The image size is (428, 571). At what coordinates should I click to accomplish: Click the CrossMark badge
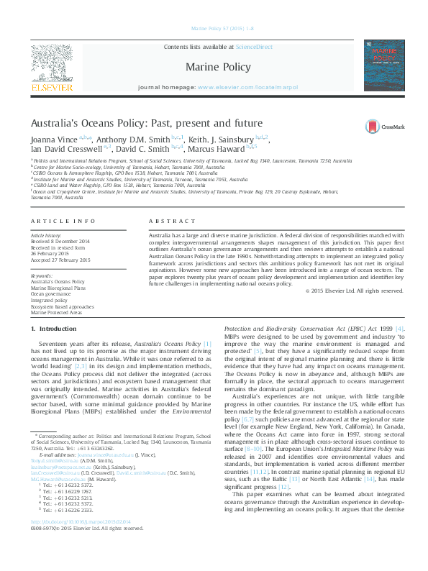[385, 125]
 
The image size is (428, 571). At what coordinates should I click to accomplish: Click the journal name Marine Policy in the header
[218, 68]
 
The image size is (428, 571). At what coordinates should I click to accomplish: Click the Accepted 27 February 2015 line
[60, 260]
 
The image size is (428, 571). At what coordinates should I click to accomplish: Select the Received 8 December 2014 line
[60, 241]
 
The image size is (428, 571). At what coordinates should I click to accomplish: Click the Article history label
[47, 235]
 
